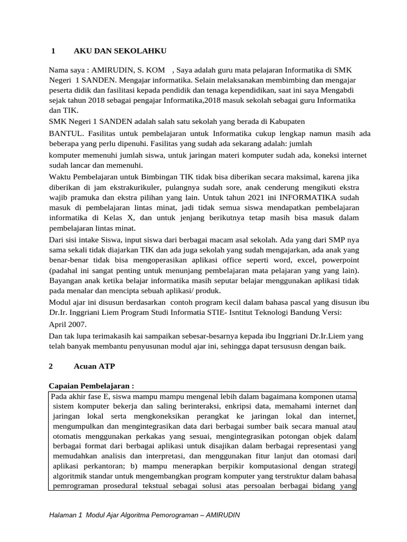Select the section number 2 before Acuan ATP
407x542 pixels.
[x=51, y=366]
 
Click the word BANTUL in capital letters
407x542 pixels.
[x=65, y=134]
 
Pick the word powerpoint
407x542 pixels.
[x=338, y=260]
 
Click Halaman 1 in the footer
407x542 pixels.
[x=65, y=515]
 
